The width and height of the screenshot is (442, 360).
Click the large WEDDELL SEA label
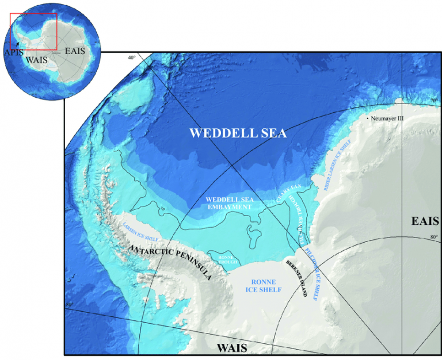[x=238, y=133]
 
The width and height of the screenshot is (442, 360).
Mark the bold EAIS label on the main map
[x=425, y=222]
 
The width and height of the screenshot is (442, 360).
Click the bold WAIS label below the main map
[x=231, y=348]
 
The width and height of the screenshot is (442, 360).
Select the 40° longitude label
[x=132, y=58]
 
